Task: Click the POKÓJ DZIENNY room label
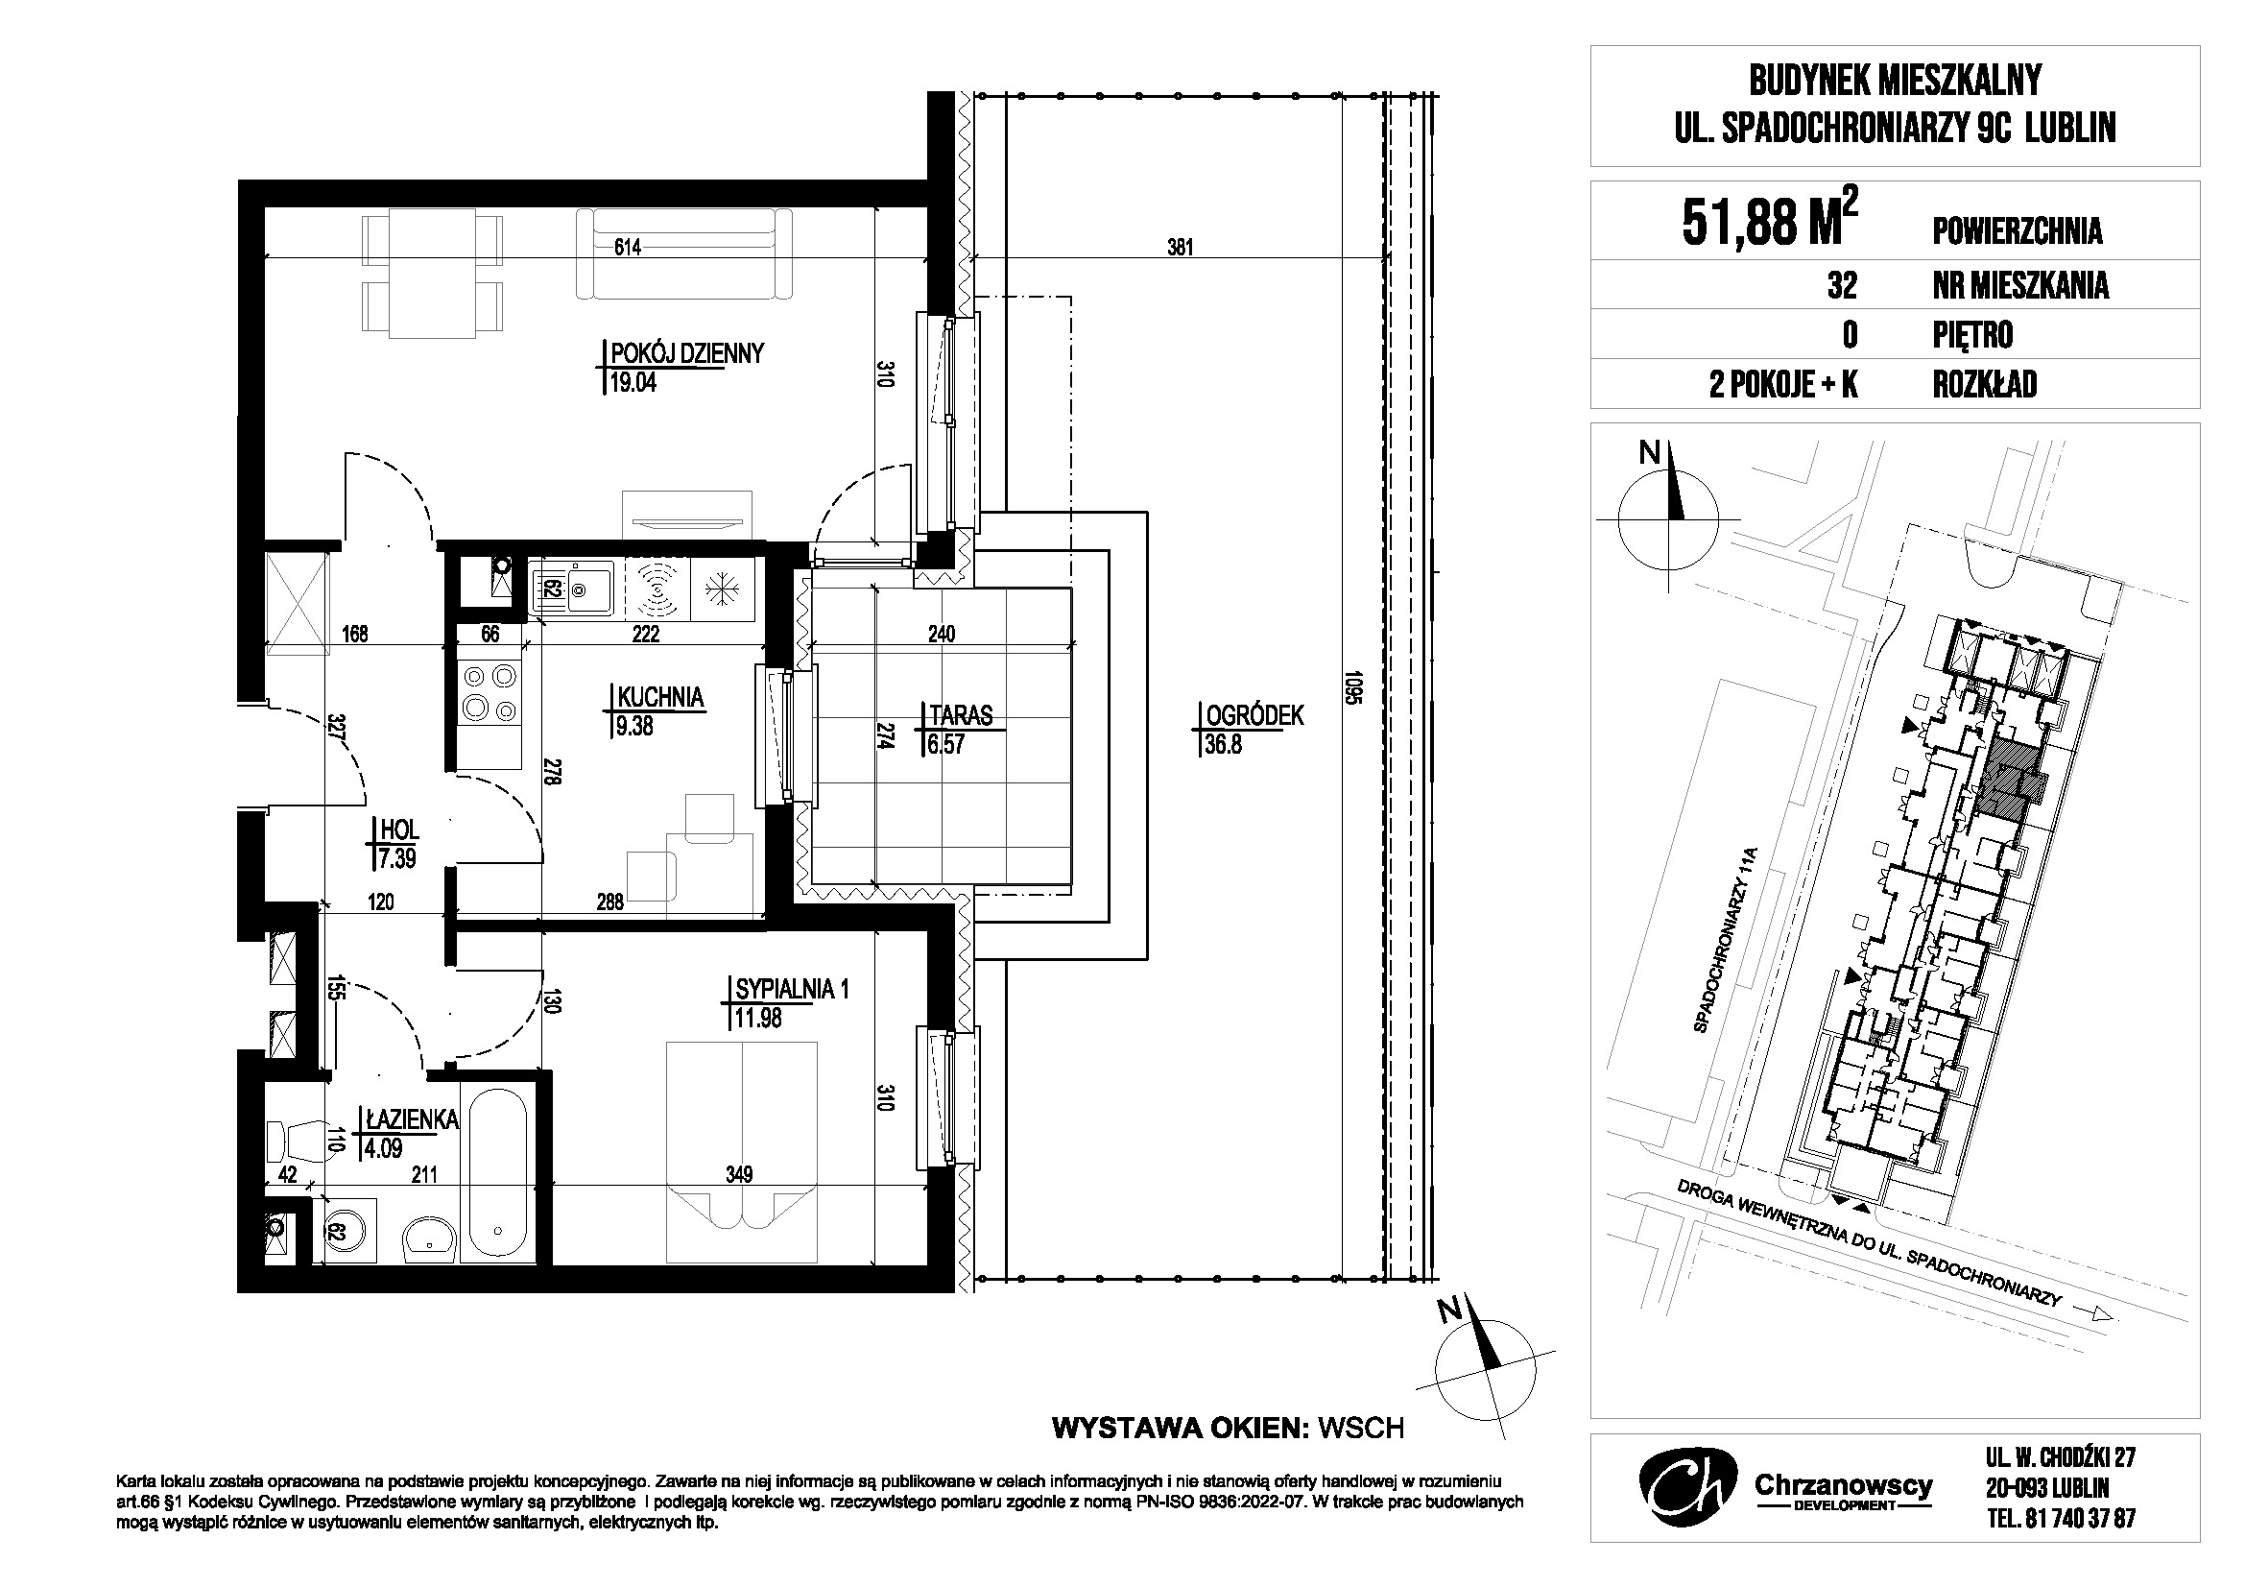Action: coord(685,353)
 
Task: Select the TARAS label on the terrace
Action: coord(961,716)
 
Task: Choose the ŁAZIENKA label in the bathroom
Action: coord(412,1119)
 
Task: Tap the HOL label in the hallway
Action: coord(399,830)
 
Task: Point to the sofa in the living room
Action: coord(684,255)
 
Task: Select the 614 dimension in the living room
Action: coord(628,248)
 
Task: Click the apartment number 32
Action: coord(1841,285)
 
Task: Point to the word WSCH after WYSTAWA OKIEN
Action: coord(1361,1429)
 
